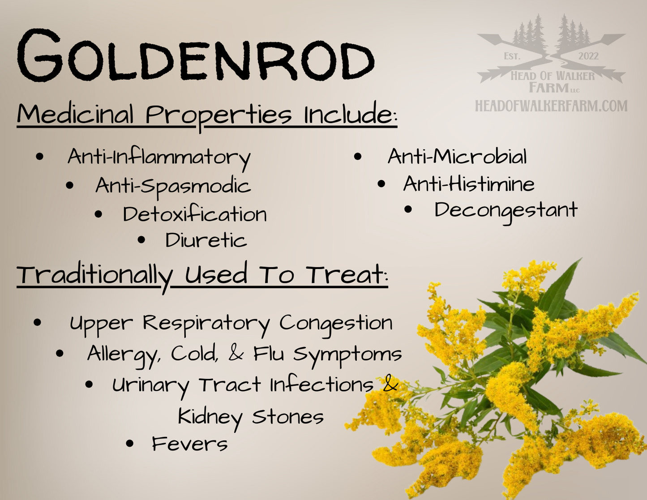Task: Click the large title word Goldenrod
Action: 196,56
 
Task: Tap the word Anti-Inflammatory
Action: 159,157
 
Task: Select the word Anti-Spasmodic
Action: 173,186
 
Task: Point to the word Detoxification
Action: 194,214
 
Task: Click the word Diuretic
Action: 206,240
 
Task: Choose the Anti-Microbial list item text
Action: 457,157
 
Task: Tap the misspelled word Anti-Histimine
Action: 469,184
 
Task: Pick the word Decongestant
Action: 506,210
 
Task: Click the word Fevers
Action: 190,444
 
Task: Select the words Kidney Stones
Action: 251,417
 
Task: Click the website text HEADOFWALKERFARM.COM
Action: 551,106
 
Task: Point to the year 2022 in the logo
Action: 588,56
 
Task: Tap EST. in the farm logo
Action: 512,56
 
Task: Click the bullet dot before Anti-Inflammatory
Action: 40,157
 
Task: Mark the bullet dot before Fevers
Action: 130,444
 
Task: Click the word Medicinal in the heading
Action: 75,115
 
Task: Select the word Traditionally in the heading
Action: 94,275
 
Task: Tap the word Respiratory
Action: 206,323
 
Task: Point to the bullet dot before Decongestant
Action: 408,209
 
